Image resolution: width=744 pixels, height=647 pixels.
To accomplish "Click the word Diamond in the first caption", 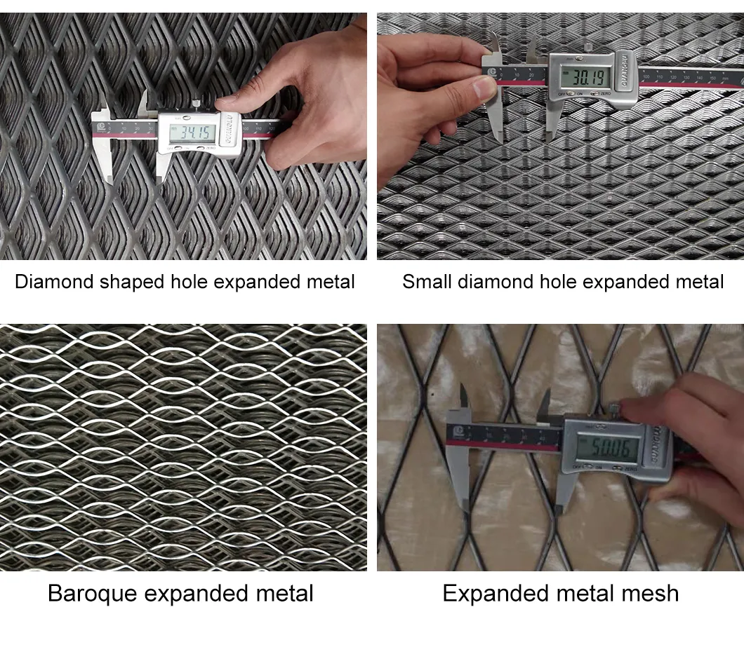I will (x=54, y=282).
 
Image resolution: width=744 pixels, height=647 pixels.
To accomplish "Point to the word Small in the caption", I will (x=427, y=282).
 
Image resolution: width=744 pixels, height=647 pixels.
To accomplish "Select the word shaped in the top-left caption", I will (x=132, y=282).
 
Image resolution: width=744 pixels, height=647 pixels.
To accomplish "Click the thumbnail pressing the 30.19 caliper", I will (x=485, y=87).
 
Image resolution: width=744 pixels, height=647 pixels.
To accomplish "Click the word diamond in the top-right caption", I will (x=491, y=282).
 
